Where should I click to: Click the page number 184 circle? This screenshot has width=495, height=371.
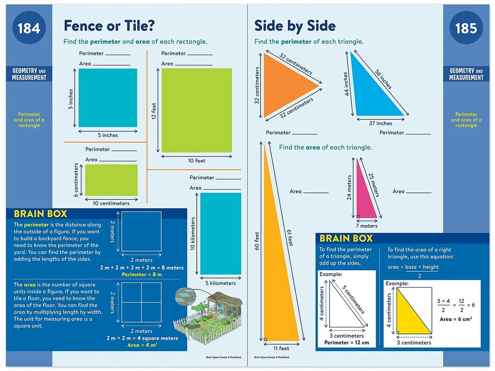29,28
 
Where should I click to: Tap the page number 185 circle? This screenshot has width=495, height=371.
466,28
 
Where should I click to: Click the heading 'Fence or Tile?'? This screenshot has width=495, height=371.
109,26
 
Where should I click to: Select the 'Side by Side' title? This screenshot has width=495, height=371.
295,26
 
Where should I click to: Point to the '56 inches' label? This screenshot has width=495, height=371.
383,79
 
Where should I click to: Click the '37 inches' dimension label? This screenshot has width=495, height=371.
380,123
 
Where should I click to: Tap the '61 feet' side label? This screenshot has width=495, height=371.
290,238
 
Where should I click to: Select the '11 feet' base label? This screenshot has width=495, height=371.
281,348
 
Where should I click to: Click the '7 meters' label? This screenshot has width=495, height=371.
366,226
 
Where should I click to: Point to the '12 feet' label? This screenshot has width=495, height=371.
153,111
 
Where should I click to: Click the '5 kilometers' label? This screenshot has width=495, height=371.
220,283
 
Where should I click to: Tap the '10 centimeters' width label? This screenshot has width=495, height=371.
111,203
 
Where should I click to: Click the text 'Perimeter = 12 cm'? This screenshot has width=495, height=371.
346,343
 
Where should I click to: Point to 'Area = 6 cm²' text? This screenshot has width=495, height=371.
456,319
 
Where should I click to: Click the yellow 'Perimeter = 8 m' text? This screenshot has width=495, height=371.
141,275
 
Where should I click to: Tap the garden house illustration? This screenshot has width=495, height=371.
208,315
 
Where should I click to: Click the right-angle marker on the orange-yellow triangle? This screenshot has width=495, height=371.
265,339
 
